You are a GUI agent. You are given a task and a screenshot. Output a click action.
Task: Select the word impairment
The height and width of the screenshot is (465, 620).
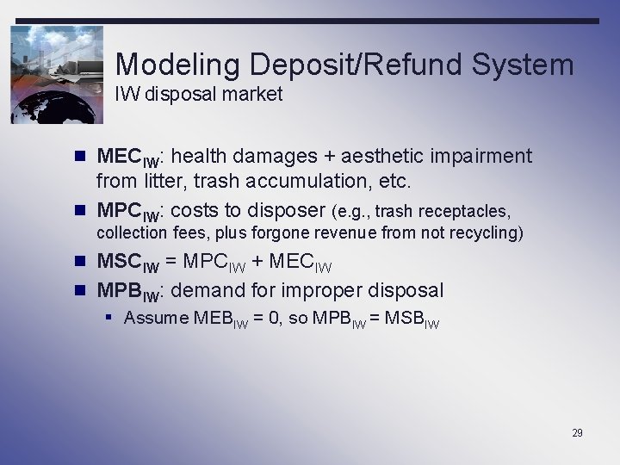484,157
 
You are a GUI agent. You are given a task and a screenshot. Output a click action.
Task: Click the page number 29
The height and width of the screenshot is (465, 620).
577,433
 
